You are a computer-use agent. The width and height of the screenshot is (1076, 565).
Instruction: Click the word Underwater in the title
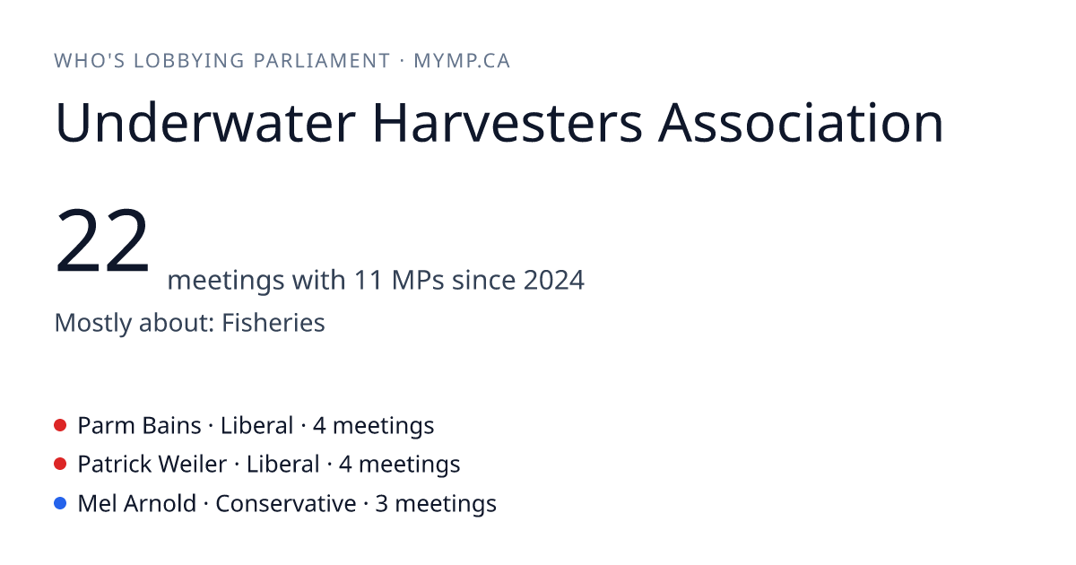coord(205,123)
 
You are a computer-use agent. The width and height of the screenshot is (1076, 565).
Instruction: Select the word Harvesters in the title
coord(508,123)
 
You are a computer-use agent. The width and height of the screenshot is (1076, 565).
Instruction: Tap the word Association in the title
coord(801,123)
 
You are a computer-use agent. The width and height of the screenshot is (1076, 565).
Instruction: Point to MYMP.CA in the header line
coord(462,61)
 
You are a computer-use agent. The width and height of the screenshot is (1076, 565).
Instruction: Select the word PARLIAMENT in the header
coord(322,61)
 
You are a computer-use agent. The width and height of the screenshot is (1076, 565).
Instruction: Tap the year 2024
coord(554,280)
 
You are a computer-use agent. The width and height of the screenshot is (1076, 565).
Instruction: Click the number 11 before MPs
coord(369,280)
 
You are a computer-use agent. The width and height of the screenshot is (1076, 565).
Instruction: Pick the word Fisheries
coord(273,322)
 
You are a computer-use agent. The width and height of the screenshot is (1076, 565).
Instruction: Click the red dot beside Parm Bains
coord(60,425)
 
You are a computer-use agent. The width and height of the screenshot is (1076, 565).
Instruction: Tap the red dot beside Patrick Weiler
coord(60,465)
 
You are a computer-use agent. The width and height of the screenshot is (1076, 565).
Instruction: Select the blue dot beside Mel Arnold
coord(60,503)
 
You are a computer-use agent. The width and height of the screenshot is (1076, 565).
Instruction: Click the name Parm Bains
coord(139,426)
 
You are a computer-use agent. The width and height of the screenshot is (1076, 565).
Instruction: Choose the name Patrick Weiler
coord(152,465)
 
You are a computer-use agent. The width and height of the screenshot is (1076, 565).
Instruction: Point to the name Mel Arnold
coord(137,503)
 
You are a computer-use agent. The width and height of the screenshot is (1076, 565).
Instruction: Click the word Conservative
coord(286,503)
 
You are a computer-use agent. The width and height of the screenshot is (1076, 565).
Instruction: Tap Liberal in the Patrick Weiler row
coord(283,465)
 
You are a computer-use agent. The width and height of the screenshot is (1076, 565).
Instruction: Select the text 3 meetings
coord(436,504)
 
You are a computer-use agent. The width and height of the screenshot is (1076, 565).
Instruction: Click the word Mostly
coord(92,323)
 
